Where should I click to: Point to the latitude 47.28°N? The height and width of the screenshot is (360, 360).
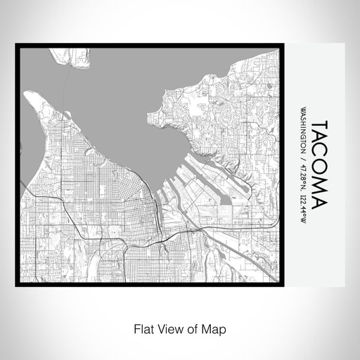tap(303, 177)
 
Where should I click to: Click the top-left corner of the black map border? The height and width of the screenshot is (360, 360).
tap(18, 46)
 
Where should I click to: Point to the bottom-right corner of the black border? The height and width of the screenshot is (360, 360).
tap(290, 284)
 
